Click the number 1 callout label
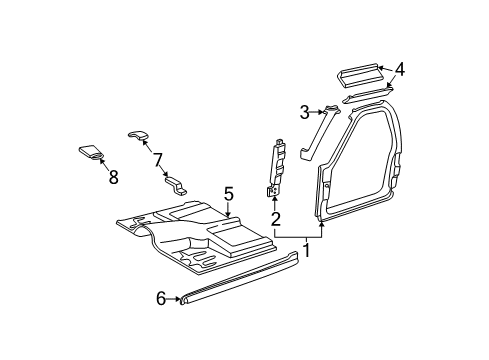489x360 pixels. (x=307, y=250)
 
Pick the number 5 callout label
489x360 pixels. (x=228, y=193)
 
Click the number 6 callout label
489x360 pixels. (x=160, y=297)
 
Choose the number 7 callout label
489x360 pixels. (x=156, y=158)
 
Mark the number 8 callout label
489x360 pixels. (x=112, y=178)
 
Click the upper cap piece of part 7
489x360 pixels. (x=140, y=134)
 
